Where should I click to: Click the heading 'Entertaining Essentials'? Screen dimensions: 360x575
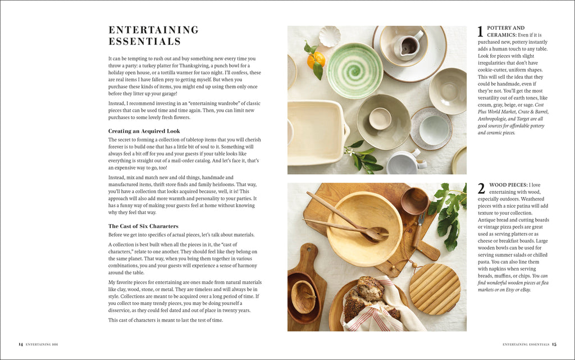(x=153, y=35)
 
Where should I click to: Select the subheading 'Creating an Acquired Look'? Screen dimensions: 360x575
(x=144, y=131)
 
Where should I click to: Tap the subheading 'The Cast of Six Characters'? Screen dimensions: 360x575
(x=143, y=226)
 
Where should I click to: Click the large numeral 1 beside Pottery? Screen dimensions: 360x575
(x=481, y=32)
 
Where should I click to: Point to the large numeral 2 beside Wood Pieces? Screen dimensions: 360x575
(x=481, y=189)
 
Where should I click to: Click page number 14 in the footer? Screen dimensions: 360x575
(x=20, y=344)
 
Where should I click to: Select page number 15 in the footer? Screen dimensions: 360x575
(x=554, y=344)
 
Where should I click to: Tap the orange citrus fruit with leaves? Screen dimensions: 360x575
(x=316, y=59)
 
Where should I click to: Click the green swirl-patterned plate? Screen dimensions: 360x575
(x=355, y=70)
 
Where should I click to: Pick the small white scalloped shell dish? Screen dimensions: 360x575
(x=330, y=37)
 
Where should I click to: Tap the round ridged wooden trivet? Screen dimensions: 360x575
(x=435, y=289)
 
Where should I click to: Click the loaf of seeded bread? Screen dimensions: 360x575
(x=365, y=297)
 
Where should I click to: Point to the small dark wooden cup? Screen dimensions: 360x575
(x=415, y=200)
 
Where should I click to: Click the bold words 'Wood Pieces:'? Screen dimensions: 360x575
(x=508, y=185)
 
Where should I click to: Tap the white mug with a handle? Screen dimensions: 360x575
(x=403, y=162)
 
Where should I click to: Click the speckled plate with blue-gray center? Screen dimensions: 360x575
(x=431, y=129)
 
